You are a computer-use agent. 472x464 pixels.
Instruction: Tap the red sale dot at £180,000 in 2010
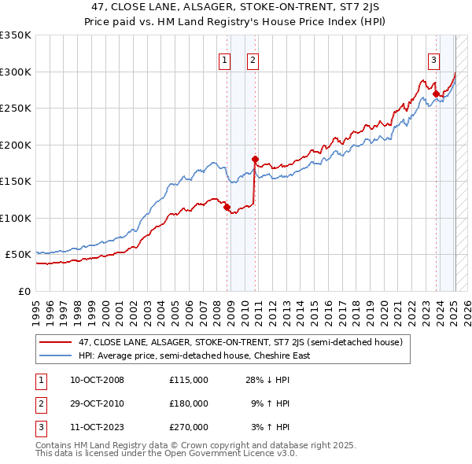point(255,159)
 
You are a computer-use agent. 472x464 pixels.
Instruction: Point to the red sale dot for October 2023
point(436,94)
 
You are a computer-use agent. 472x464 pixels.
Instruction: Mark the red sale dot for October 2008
point(227,207)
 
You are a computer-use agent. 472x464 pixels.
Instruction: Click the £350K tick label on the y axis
point(15,35)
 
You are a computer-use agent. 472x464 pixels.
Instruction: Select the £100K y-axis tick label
point(15,218)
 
